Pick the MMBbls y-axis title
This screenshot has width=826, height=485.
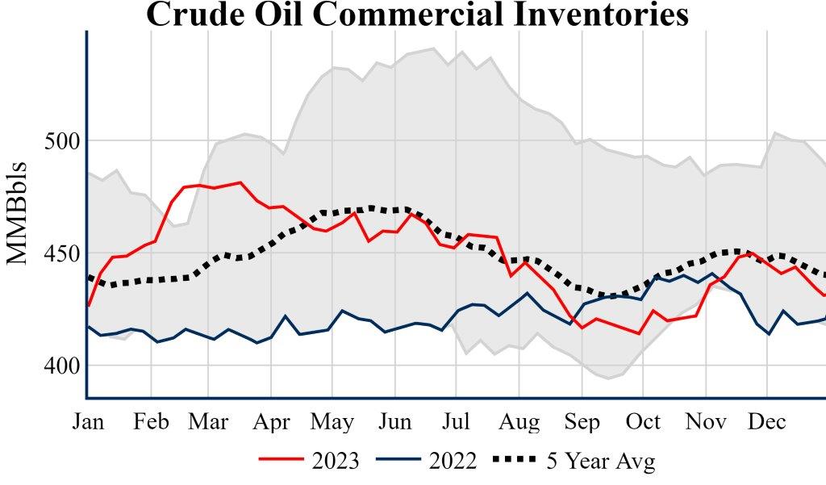pyautogui.click(x=18, y=214)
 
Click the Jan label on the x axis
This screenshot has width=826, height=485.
pyautogui.click(x=87, y=421)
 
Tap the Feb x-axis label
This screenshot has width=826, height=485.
pyautogui.click(x=150, y=421)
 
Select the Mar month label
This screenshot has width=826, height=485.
pyautogui.click(x=208, y=421)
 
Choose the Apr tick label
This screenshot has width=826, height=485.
pyautogui.click(x=272, y=421)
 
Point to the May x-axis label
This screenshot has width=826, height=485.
pyautogui.click(x=333, y=421)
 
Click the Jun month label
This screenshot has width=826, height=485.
pyautogui.click(x=394, y=421)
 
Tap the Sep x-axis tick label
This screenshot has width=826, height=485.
pyautogui.click(x=582, y=421)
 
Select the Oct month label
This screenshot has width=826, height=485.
pyautogui.click(x=643, y=421)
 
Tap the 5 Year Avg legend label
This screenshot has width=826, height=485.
pyautogui.click(x=601, y=461)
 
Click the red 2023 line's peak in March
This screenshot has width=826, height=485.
pyautogui.click(x=240, y=182)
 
